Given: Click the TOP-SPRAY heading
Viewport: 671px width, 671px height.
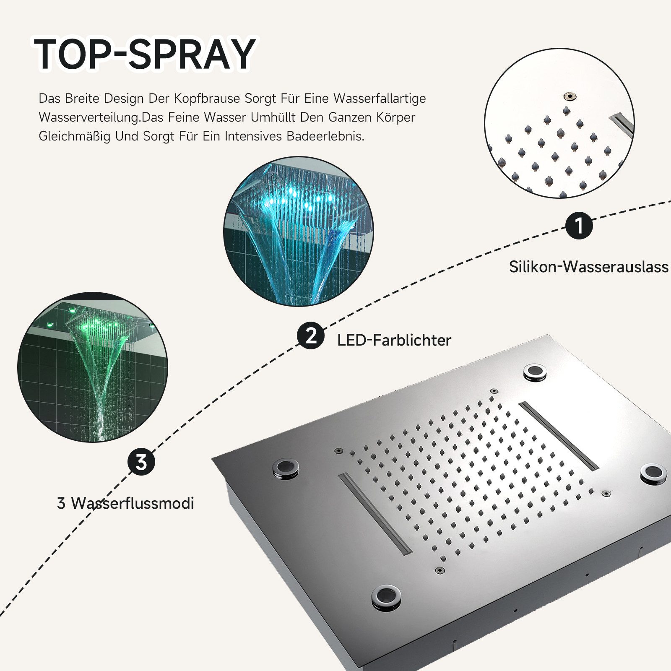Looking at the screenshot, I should (x=145, y=54).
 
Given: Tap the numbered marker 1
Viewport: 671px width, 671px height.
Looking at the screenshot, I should (x=579, y=226).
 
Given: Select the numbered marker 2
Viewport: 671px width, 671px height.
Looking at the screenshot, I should (x=311, y=336).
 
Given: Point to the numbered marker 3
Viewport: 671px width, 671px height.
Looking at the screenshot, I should (x=141, y=462).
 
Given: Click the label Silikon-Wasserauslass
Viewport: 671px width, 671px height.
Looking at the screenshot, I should (x=588, y=267).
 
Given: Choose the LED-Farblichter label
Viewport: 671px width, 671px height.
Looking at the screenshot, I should (x=394, y=340).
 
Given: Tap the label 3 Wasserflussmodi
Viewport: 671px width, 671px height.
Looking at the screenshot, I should (x=125, y=503).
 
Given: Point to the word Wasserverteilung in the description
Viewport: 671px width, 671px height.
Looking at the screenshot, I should (x=88, y=117).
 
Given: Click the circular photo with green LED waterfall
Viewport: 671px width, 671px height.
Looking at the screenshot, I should (x=92, y=367).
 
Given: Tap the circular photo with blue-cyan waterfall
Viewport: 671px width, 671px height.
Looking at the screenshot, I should (x=298, y=231).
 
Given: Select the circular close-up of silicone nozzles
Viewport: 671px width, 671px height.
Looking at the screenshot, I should (x=559, y=123).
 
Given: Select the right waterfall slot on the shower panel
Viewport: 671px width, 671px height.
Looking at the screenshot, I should (x=558, y=436).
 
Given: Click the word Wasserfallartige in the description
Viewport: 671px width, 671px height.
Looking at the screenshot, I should (x=380, y=99).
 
